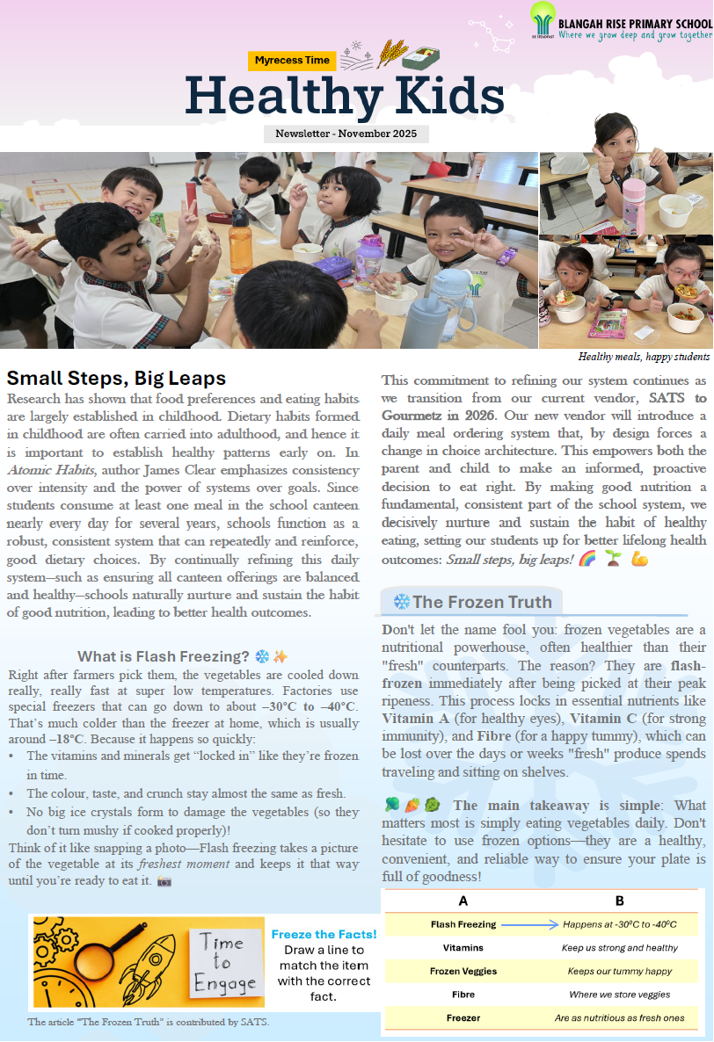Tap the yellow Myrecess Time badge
tap(292, 61)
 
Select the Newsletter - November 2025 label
tap(346, 134)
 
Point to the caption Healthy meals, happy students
tap(644, 357)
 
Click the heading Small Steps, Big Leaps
tap(116, 379)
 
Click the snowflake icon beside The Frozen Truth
tap(401, 602)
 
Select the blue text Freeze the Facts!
tap(324, 934)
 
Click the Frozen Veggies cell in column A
tap(463, 971)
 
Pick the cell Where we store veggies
tap(619, 995)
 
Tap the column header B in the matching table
tap(619, 901)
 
